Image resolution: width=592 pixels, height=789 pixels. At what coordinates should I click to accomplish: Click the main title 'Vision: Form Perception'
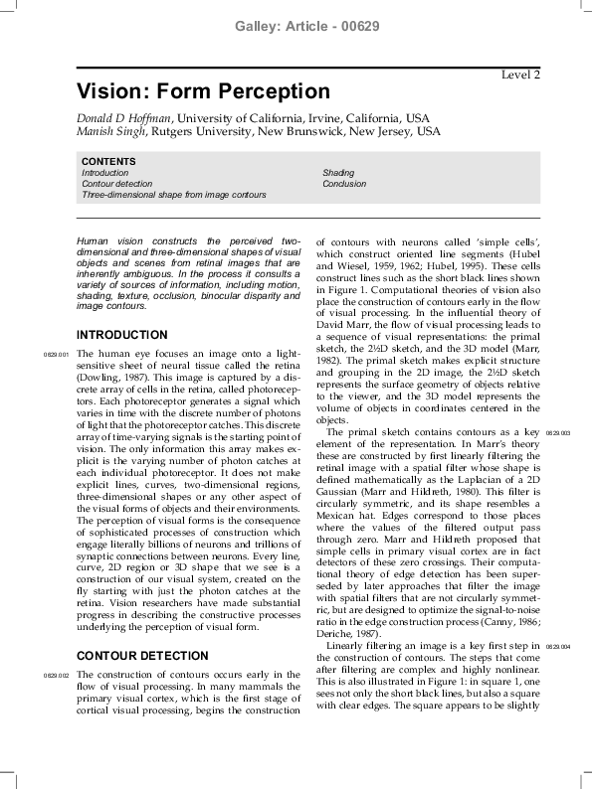click(x=203, y=92)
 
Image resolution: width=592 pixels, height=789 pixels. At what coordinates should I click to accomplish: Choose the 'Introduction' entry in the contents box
click(x=104, y=173)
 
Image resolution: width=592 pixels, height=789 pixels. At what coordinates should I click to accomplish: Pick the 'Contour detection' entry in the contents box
click(x=117, y=184)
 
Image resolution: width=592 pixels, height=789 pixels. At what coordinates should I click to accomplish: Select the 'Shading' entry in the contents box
click(x=338, y=173)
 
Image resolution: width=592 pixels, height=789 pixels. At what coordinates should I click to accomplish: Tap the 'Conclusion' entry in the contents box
click(x=344, y=184)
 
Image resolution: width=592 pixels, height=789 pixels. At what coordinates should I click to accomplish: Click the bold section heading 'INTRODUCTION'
click(x=122, y=335)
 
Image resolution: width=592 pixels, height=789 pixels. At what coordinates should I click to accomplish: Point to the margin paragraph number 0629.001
click(x=56, y=355)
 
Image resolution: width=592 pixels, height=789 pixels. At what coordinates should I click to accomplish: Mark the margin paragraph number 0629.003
click(x=557, y=434)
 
